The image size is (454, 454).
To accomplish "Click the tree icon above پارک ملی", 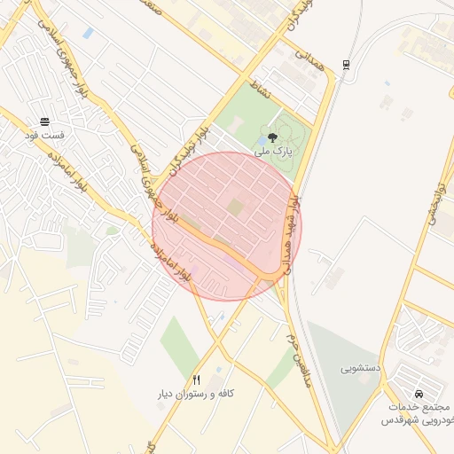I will click(x=271, y=137).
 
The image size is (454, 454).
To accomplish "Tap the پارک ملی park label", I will click(x=272, y=153).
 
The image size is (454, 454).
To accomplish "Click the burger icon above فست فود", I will click(x=44, y=122).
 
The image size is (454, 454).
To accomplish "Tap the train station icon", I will click(x=345, y=63).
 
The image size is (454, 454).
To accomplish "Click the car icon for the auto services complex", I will click(x=418, y=394).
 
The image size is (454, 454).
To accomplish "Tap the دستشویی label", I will click(x=361, y=365).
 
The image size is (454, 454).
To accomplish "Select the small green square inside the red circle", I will click(x=234, y=207).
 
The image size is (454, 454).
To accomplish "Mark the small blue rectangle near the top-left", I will click(x=88, y=33).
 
